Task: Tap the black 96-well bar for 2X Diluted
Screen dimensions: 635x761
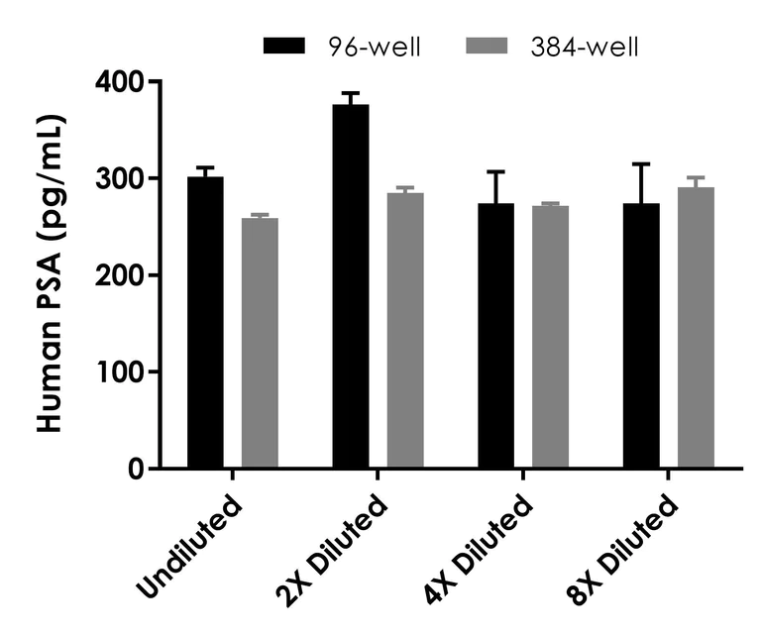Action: pos(351,286)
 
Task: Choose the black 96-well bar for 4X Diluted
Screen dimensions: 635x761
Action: pos(496,336)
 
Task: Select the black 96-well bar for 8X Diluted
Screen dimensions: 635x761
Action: pos(642,336)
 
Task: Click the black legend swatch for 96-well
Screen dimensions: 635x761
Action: pos(286,46)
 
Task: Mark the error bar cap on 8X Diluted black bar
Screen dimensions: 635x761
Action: pos(642,164)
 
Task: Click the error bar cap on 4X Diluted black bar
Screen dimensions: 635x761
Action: pos(496,172)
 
